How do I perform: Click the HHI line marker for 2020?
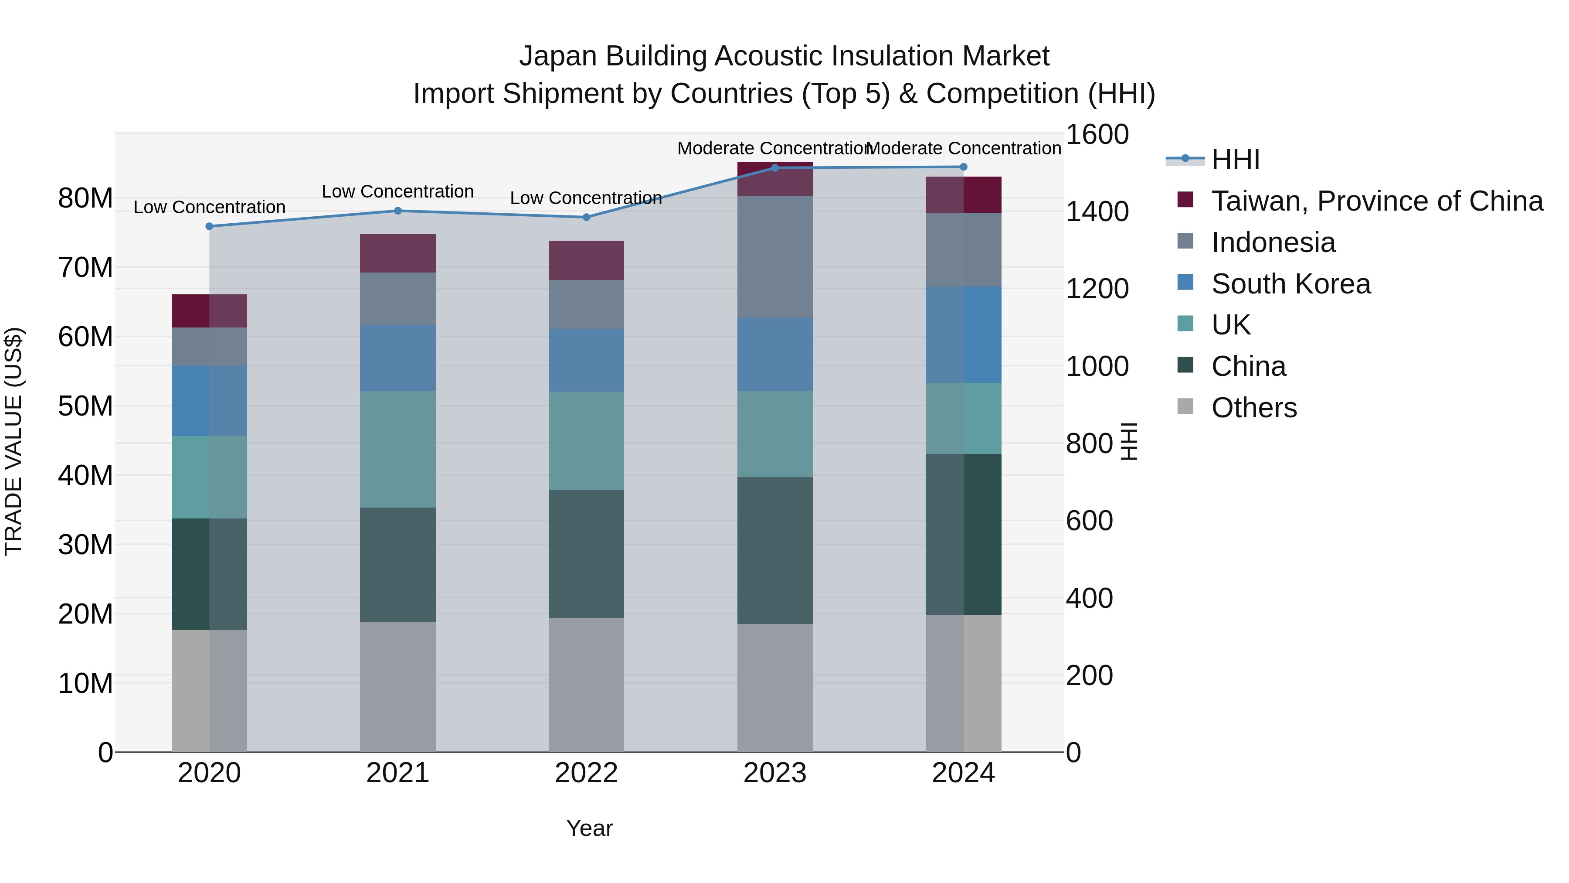click(210, 226)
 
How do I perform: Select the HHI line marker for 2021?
click(398, 211)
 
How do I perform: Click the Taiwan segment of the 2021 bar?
click(398, 253)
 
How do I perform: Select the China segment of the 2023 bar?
click(775, 550)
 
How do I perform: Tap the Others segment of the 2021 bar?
click(398, 686)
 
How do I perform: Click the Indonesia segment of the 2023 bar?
click(775, 256)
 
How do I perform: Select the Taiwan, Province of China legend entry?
click(1376, 201)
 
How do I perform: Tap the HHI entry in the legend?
click(1235, 160)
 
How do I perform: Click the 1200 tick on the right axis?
click(1097, 289)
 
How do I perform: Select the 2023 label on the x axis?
click(775, 773)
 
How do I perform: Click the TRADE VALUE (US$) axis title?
click(14, 441)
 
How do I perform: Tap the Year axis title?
click(589, 828)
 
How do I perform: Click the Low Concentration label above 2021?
click(398, 191)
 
